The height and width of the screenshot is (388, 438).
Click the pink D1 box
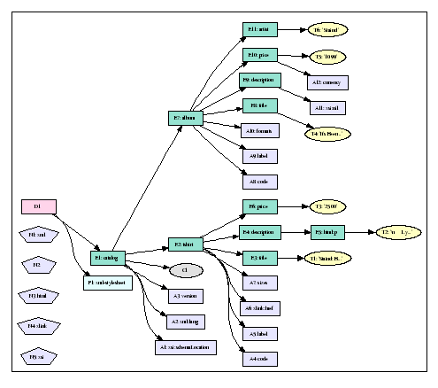[x=38, y=206]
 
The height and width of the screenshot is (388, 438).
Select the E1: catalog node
[x=108, y=259]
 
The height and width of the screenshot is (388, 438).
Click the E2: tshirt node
[x=186, y=244]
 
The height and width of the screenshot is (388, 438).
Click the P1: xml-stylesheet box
[x=108, y=283]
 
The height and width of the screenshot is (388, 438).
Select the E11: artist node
[x=260, y=30]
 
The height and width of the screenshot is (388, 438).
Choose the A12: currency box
[x=327, y=81]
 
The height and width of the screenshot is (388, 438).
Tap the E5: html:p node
[x=327, y=232]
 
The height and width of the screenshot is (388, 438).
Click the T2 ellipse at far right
[x=397, y=232]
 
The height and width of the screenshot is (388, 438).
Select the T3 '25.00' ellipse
[x=327, y=206]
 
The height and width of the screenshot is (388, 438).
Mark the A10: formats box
[x=260, y=130]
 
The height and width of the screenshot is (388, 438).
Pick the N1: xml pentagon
[x=38, y=235]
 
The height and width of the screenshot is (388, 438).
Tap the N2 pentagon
[x=38, y=265]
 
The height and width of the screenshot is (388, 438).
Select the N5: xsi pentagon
[x=38, y=356]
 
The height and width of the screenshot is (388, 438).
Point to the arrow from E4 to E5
[x=295, y=232]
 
